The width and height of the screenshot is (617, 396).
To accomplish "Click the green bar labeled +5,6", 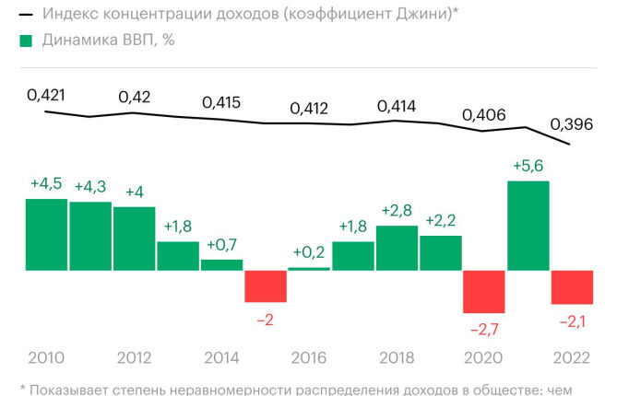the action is pyautogui.click(x=528, y=226).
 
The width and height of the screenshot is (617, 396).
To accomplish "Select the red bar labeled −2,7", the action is pyautogui.click(x=484, y=292).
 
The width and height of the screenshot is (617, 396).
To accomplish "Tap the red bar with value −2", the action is pyautogui.click(x=266, y=286).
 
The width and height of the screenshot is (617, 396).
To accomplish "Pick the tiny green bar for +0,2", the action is pyautogui.click(x=309, y=269).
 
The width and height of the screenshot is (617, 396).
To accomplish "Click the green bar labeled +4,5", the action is pyautogui.click(x=46, y=235).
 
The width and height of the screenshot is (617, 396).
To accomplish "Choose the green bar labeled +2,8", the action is pyautogui.click(x=397, y=249).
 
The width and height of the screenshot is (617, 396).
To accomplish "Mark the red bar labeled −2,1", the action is pyautogui.click(x=572, y=287).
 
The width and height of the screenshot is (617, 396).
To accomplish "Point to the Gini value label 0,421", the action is pyautogui.click(x=46, y=95).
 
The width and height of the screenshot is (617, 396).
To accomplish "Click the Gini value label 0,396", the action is pyautogui.click(x=572, y=124).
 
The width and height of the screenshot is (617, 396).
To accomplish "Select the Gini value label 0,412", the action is pyautogui.click(x=309, y=109).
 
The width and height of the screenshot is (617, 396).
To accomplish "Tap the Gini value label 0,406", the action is pyautogui.click(x=484, y=115).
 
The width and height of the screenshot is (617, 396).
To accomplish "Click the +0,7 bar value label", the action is pyautogui.click(x=222, y=245).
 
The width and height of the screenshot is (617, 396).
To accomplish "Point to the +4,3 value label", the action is pyautogui.click(x=90, y=187).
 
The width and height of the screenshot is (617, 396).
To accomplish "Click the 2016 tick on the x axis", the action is pyautogui.click(x=309, y=358).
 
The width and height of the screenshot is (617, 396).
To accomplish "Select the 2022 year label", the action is pyautogui.click(x=572, y=358).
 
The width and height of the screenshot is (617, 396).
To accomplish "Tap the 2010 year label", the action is pyautogui.click(x=46, y=358).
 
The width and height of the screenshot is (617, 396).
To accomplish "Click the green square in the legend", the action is pyautogui.click(x=26, y=41).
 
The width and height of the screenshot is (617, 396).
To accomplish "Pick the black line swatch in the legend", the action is pyautogui.click(x=26, y=15).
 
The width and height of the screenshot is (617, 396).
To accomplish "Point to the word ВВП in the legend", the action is pyautogui.click(x=137, y=41).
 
